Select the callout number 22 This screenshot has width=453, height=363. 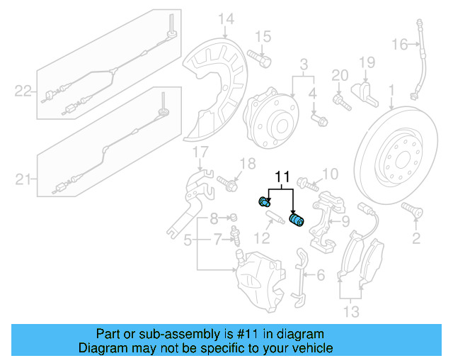[x=23, y=91]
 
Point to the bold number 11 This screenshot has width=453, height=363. [x=283, y=176]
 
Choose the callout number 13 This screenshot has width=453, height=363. [x=352, y=311]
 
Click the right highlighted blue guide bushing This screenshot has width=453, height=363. [x=297, y=220]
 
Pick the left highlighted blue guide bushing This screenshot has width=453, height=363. [x=265, y=201]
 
